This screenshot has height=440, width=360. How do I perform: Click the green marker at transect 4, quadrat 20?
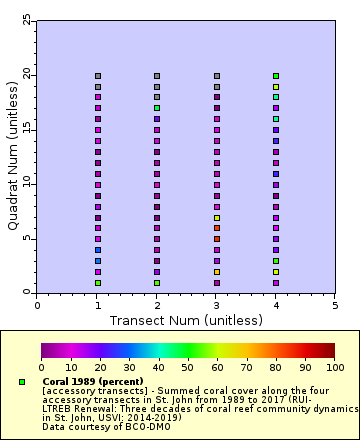276,76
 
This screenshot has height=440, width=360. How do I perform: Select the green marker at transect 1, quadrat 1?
98,283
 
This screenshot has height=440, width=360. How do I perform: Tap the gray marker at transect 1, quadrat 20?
98,76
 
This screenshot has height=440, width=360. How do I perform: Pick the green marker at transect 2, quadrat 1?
157,283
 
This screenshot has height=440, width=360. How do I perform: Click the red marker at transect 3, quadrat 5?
217,239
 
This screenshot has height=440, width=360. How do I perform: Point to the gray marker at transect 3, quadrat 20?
217,76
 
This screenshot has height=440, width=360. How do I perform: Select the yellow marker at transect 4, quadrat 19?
276,87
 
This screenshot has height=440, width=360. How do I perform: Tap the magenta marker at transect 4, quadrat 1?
276,283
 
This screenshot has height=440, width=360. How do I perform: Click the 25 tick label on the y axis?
26,21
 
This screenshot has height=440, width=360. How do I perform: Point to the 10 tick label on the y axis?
26,184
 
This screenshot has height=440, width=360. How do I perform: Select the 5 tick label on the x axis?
335,306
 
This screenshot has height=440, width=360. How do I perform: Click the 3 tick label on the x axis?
217,306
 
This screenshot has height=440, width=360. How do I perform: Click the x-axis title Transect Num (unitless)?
186,320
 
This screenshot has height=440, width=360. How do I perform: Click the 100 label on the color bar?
334,368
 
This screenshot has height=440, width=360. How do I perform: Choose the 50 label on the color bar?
187,368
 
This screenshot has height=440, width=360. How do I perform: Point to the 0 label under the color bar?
41,368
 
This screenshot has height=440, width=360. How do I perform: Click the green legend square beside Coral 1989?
22,382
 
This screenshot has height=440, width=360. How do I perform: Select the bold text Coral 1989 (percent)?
93,382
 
